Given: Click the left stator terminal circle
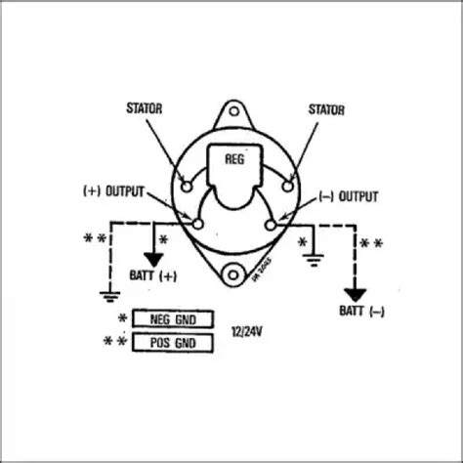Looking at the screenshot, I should pyautogui.click(x=186, y=182).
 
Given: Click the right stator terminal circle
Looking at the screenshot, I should pyautogui.click(x=286, y=183).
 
